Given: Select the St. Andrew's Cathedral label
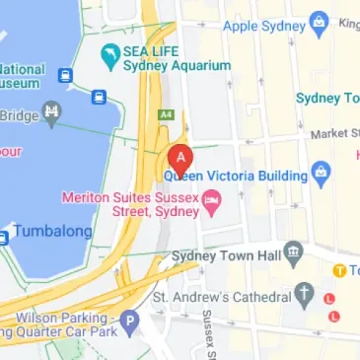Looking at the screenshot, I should pos(222,296).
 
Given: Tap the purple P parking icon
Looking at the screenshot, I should pos(129,320).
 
